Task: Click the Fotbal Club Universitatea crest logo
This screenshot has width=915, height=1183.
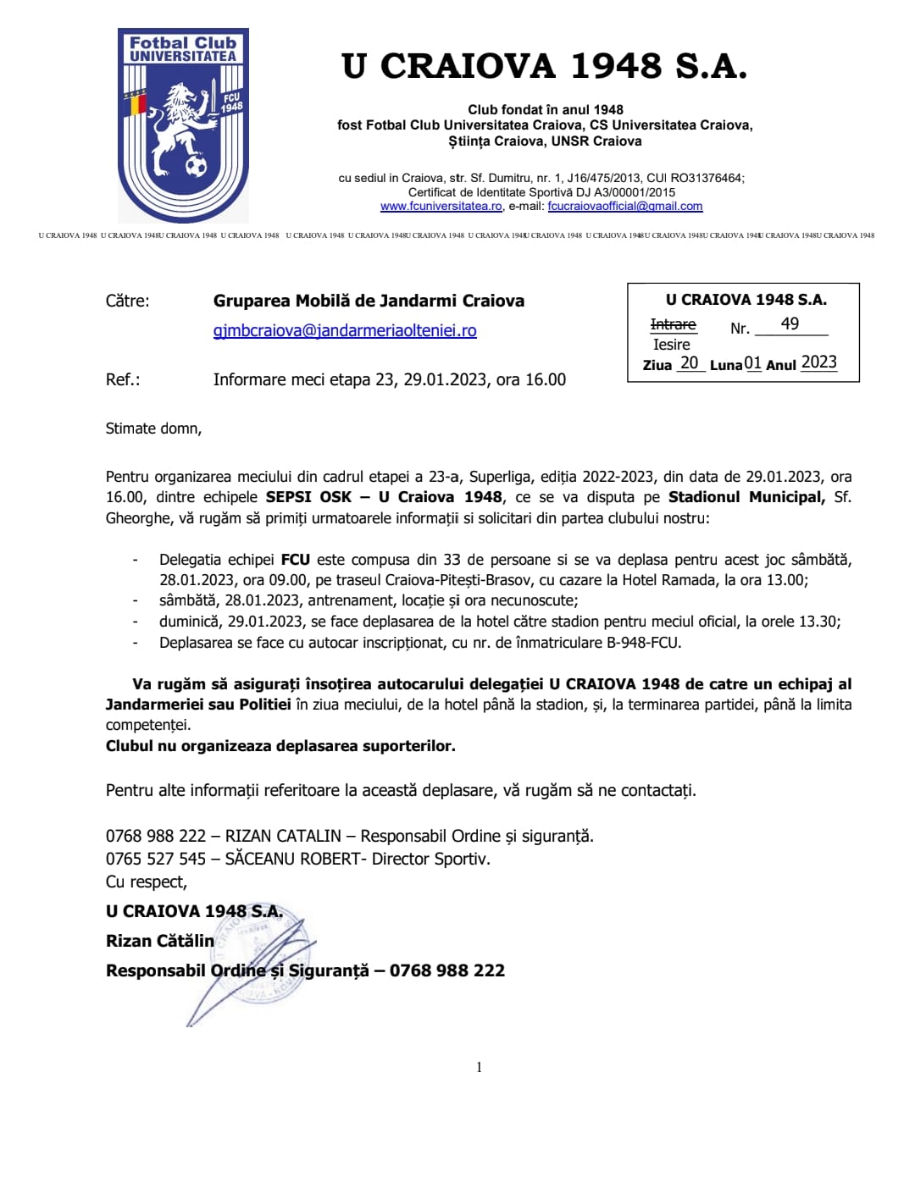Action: tap(183, 125)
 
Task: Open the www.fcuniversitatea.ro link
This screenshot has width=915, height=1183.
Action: tap(441, 207)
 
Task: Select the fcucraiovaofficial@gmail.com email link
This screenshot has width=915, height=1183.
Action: tap(624, 207)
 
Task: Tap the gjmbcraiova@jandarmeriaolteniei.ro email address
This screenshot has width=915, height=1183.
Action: tap(345, 331)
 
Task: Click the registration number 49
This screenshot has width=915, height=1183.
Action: tap(790, 324)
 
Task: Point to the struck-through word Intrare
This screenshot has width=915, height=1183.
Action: tap(673, 325)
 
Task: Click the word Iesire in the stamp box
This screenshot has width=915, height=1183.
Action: tap(671, 345)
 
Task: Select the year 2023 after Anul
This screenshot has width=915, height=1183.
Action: tap(818, 362)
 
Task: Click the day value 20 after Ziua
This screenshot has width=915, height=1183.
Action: tap(690, 363)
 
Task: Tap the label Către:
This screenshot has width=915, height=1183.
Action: tap(127, 301)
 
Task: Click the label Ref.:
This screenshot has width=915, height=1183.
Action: tap(123, 380)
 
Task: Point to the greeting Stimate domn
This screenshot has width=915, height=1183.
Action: tap(153, 428)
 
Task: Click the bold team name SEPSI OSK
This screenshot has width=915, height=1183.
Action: tap(308, 497)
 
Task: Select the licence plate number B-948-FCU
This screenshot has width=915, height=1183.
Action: tap(643, 643)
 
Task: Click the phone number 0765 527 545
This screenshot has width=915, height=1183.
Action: tap(156, 859)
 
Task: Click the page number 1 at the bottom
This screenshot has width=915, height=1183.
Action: tap(479, 1067)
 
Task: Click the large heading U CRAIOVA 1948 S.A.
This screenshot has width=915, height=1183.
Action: tap(544, 66)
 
